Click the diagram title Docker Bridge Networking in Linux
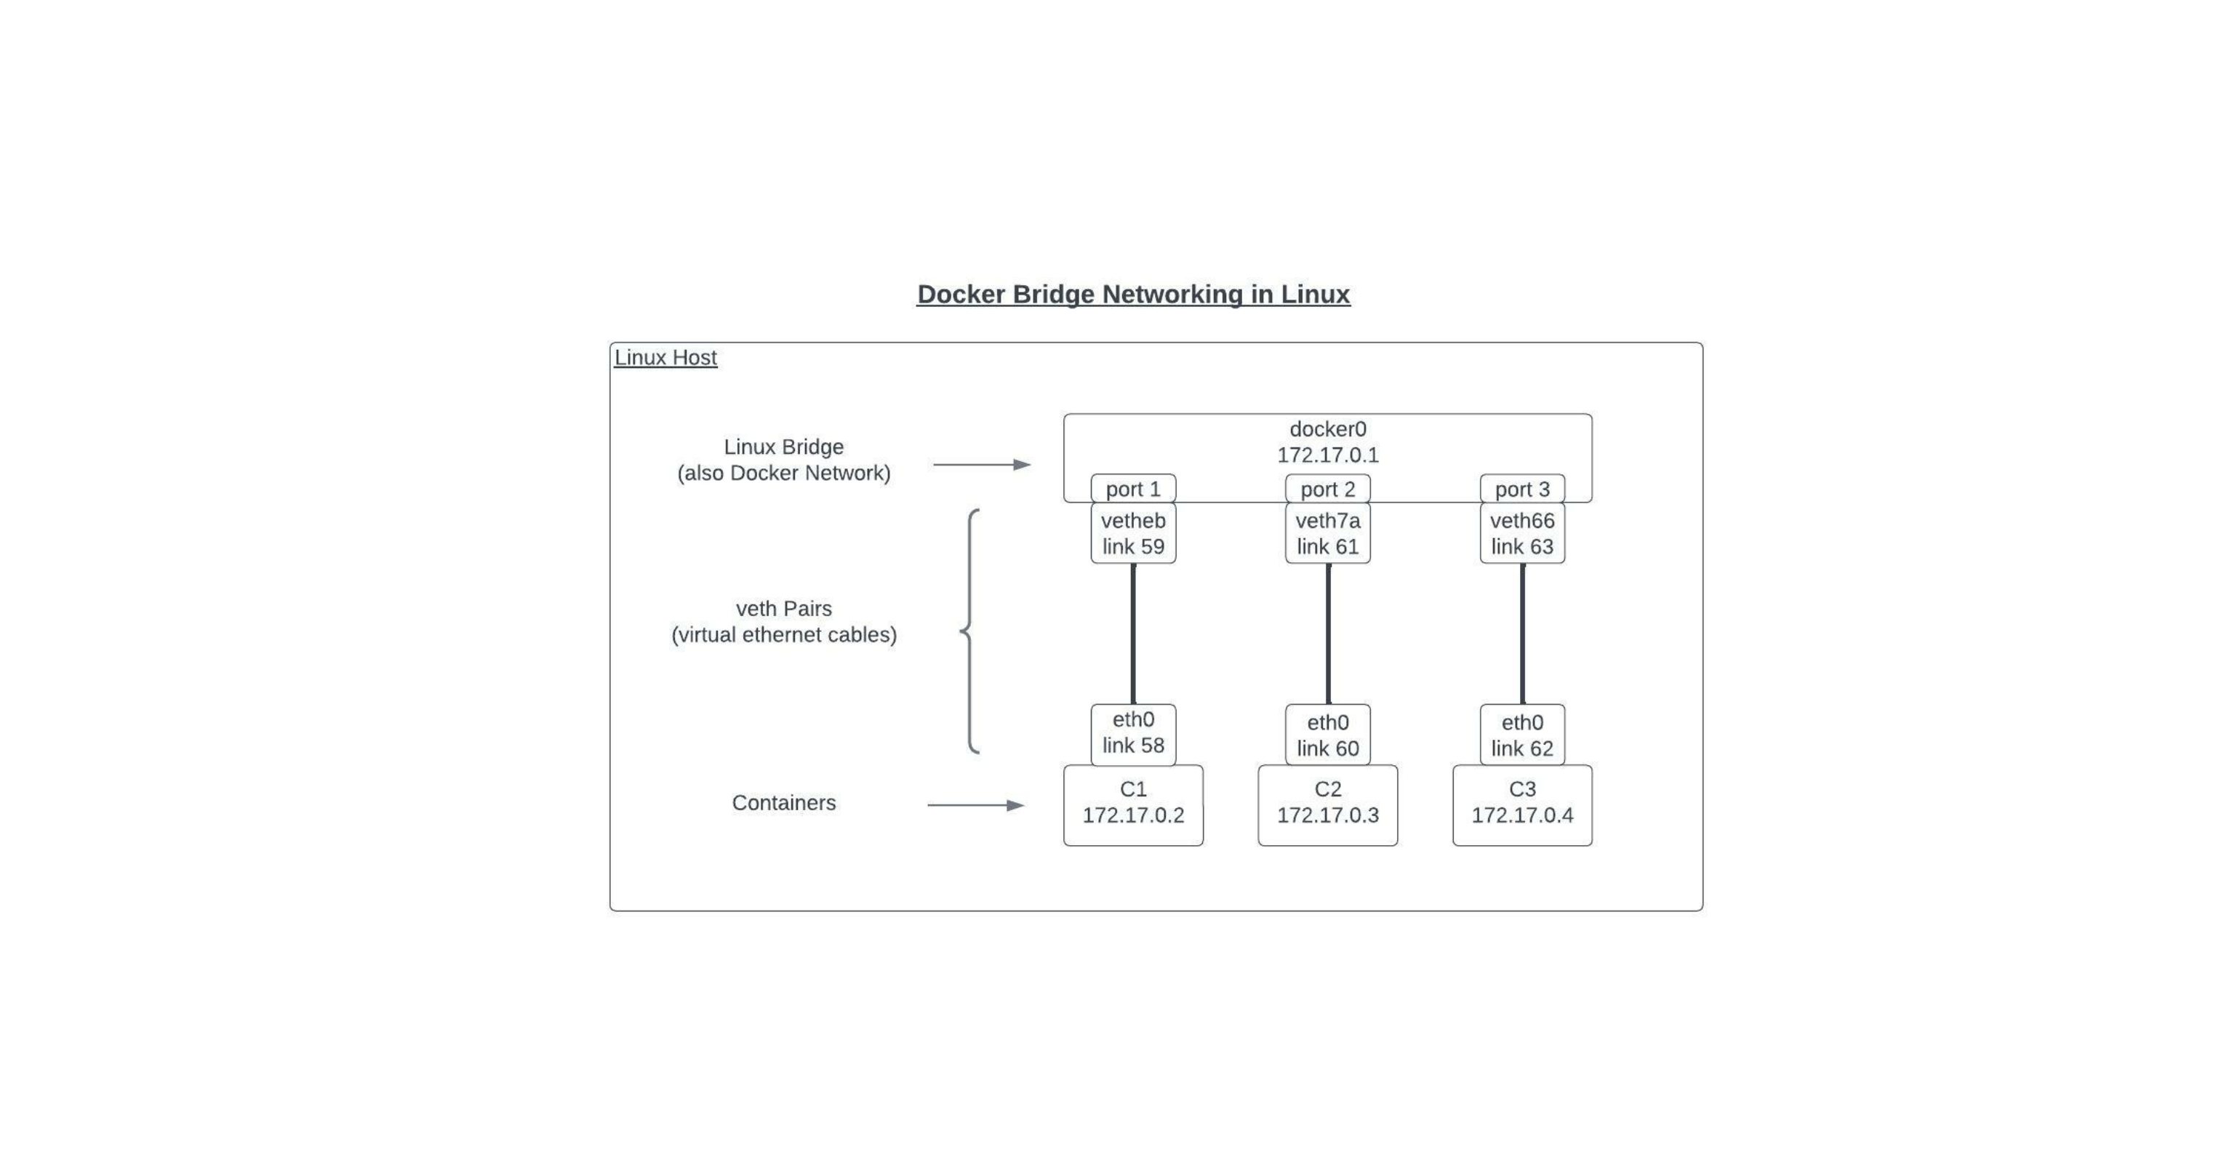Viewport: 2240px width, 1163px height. tap(1133, 294)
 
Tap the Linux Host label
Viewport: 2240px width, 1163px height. tap(665, 358)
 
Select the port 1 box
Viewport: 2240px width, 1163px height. tap(1133, 489)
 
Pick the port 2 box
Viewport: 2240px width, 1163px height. tap(1328, 489)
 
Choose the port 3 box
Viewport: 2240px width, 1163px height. tap(1521, 489)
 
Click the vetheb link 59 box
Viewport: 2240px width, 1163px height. tap(1133, 533)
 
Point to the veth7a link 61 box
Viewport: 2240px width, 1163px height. tap(1328, 533)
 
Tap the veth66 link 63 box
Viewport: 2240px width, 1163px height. tap(1521, 533)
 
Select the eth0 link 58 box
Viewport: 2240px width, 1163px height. tap(1133, 733)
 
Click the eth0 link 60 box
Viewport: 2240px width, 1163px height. tap(1328, 735)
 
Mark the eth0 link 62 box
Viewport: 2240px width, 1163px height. tap(1521, 735)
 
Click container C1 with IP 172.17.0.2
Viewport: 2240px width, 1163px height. tap(1133, 804)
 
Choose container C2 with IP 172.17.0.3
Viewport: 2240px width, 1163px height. tap(1328, 804)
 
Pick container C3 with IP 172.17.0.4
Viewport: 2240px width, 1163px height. tap(1521, 804)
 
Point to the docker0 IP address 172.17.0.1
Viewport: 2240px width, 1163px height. tap(1328, 455)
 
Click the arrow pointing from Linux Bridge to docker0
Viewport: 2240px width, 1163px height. tap(982, 465)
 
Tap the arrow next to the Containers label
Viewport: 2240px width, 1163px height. tap(976, 805)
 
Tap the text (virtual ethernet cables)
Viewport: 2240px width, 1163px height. tap(783, 635)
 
